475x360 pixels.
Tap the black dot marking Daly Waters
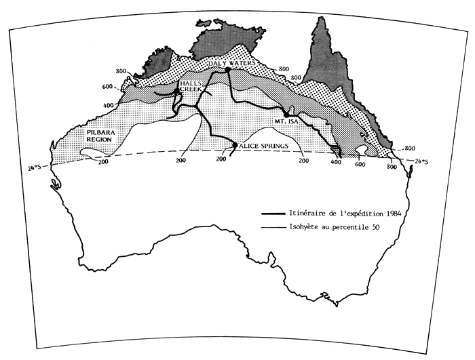(x=227, y=70)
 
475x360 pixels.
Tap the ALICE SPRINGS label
(x=265, y=145)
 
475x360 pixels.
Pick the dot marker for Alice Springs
(x=235, y=145)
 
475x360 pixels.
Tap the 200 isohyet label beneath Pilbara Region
(x=102, y=161)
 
